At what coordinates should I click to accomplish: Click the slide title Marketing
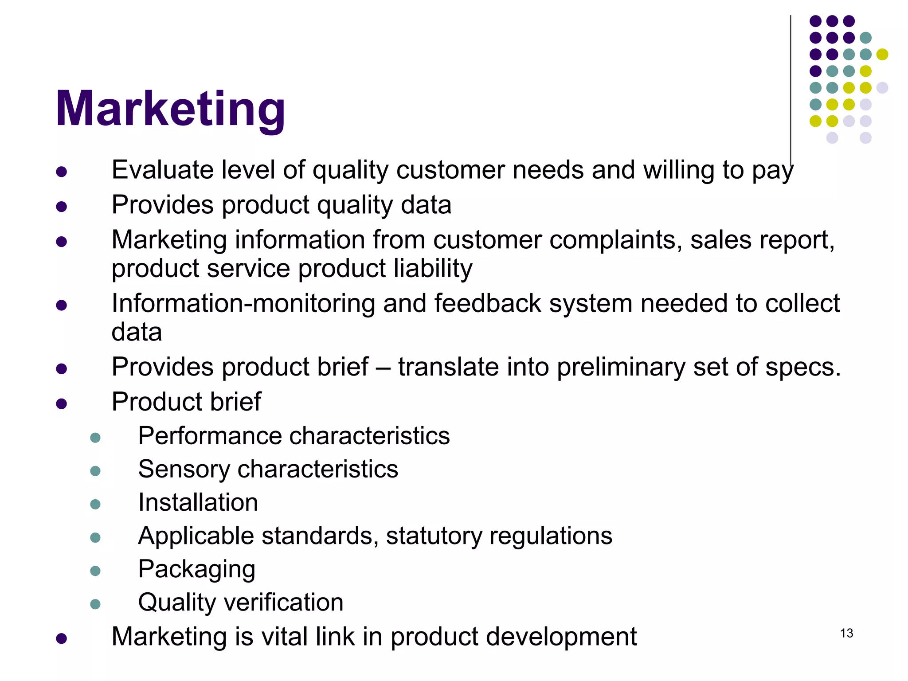170,109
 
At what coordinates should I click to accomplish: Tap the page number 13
846,633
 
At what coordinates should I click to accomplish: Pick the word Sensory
184,469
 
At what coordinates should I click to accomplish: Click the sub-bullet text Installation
198,502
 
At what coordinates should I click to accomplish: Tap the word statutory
434,536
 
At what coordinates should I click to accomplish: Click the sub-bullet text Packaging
196,570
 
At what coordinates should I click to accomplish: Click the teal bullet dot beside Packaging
95,571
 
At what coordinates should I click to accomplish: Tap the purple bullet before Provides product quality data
62,207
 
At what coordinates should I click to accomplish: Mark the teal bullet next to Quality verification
95,604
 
